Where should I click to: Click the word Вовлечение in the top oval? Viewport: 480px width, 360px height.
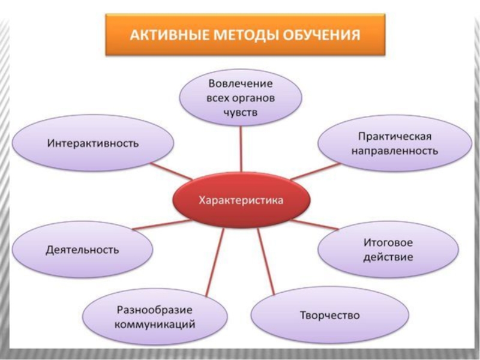tap(241, 83)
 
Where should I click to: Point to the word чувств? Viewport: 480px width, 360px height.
tap(241, 112)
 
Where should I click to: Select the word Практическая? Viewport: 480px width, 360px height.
tap(395, 137)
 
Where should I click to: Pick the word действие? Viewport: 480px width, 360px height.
tap(388, 258)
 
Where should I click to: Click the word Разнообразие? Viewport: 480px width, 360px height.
tap(155, 310)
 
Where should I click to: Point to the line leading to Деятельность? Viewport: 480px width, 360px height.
tap(159, 224)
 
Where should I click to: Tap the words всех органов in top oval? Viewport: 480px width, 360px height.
tap(241, 97)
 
